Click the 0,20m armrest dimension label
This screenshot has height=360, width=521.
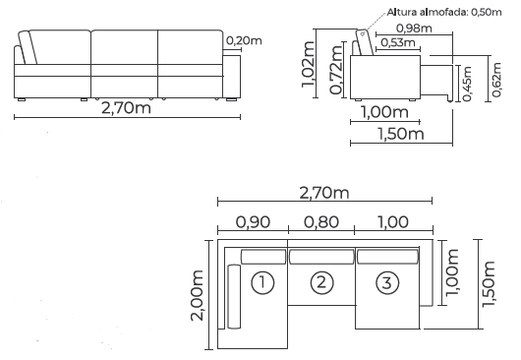pos(244,40)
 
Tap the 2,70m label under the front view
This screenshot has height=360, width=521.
pos(126,107)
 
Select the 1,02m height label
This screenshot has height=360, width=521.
pos(308,64)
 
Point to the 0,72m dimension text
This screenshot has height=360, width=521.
pos(335,70)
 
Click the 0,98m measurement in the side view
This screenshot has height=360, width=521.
pos(414,29)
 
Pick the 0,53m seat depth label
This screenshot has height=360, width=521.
pos(398,42)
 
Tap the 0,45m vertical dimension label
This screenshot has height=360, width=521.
pos(467,84)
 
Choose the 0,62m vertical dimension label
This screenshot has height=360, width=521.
pos(496,80)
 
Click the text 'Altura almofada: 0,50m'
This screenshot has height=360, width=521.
pos(444,12)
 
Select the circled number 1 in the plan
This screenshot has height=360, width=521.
pos(262,283)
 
